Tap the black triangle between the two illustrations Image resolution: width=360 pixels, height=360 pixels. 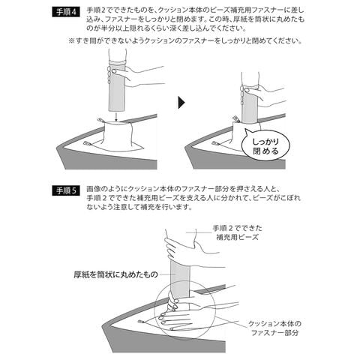[181, 103]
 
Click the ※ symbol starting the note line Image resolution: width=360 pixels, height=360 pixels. [73, 40]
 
